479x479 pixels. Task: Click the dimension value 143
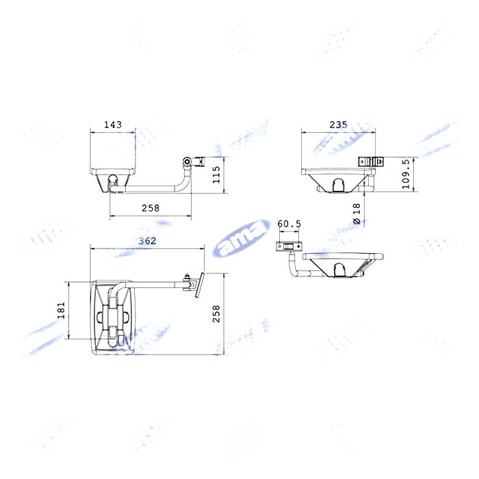click(113, 125)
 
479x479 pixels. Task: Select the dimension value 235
click(338, 125)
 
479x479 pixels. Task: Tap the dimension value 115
click(216, 174)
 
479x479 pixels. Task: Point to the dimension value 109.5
click(406, 174)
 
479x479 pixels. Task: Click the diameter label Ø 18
click(357, 213)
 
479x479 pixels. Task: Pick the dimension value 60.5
click(289, 224)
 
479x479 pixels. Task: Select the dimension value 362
click(147, 241)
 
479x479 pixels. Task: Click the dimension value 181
click(62, 310)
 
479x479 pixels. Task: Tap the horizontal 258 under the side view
click(151, 208)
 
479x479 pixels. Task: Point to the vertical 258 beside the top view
click(216, 313)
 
